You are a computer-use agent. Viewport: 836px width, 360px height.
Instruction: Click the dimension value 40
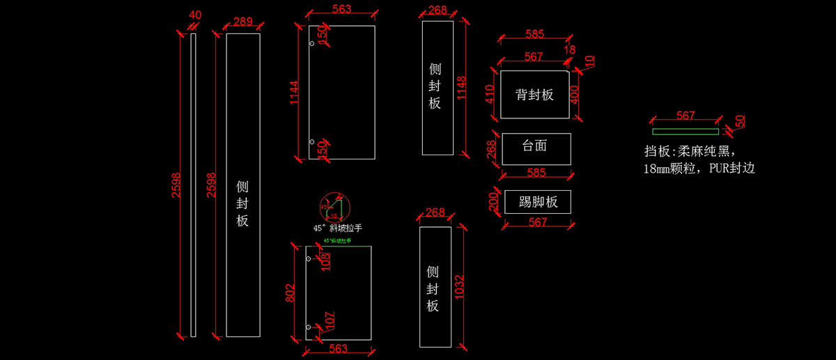point(195,15)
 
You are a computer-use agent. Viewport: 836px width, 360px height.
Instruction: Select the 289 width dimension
point(242,22)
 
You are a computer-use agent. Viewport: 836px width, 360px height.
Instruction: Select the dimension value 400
point(575,93)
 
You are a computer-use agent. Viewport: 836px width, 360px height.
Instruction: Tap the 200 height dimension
point(492,203)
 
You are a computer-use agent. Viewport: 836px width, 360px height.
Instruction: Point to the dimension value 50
point(740,121)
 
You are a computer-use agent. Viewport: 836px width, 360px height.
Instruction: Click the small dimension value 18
point(570,50)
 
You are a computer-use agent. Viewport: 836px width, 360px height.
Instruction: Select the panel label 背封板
point(534,95)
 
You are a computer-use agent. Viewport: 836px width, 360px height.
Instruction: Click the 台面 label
point(534,146)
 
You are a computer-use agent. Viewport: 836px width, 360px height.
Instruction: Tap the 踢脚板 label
point(539,203)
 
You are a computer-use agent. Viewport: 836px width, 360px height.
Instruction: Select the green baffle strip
point(685,131)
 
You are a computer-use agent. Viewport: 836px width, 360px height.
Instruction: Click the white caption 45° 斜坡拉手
point(338,228)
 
